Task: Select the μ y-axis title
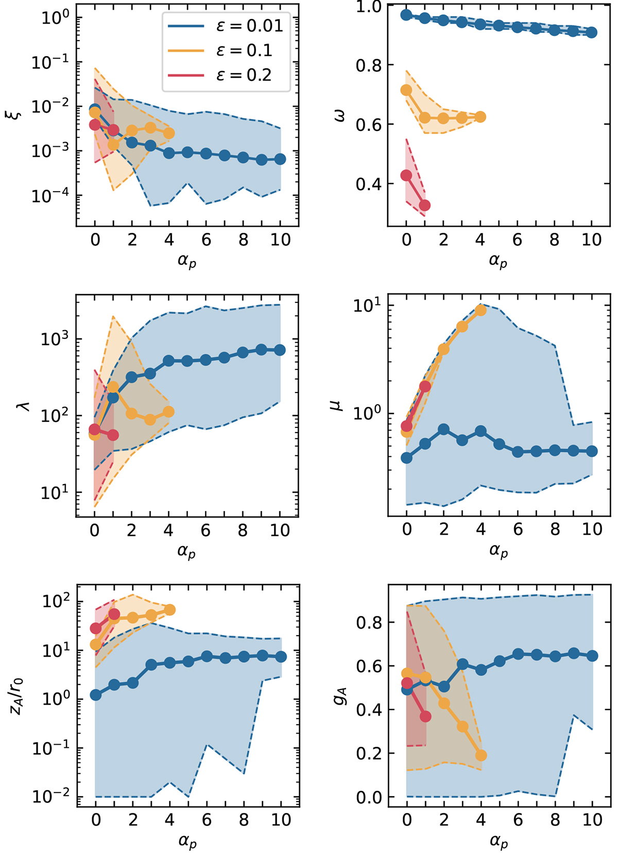(x=337, y=406)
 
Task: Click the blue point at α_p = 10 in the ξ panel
(x=280, y=159)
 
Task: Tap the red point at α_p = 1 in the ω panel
(x=425, y=205)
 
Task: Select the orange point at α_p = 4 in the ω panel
(x=480, y=117)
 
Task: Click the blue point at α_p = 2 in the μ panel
(x=444, y=430)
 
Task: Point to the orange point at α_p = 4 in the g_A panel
(x=481, y=756)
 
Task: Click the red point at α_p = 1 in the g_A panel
(x=425, y=716)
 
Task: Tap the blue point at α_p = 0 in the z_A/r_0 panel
(x=96, y=695)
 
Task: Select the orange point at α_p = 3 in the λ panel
(x=150, y=420)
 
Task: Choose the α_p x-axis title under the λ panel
(x=187, y=552)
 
